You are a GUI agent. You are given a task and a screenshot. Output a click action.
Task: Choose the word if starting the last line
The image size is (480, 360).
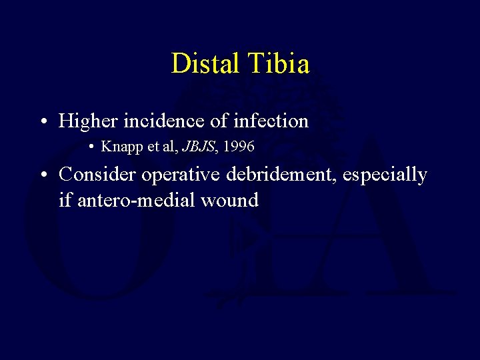65,199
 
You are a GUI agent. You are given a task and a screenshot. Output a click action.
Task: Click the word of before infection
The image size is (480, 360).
221,121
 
